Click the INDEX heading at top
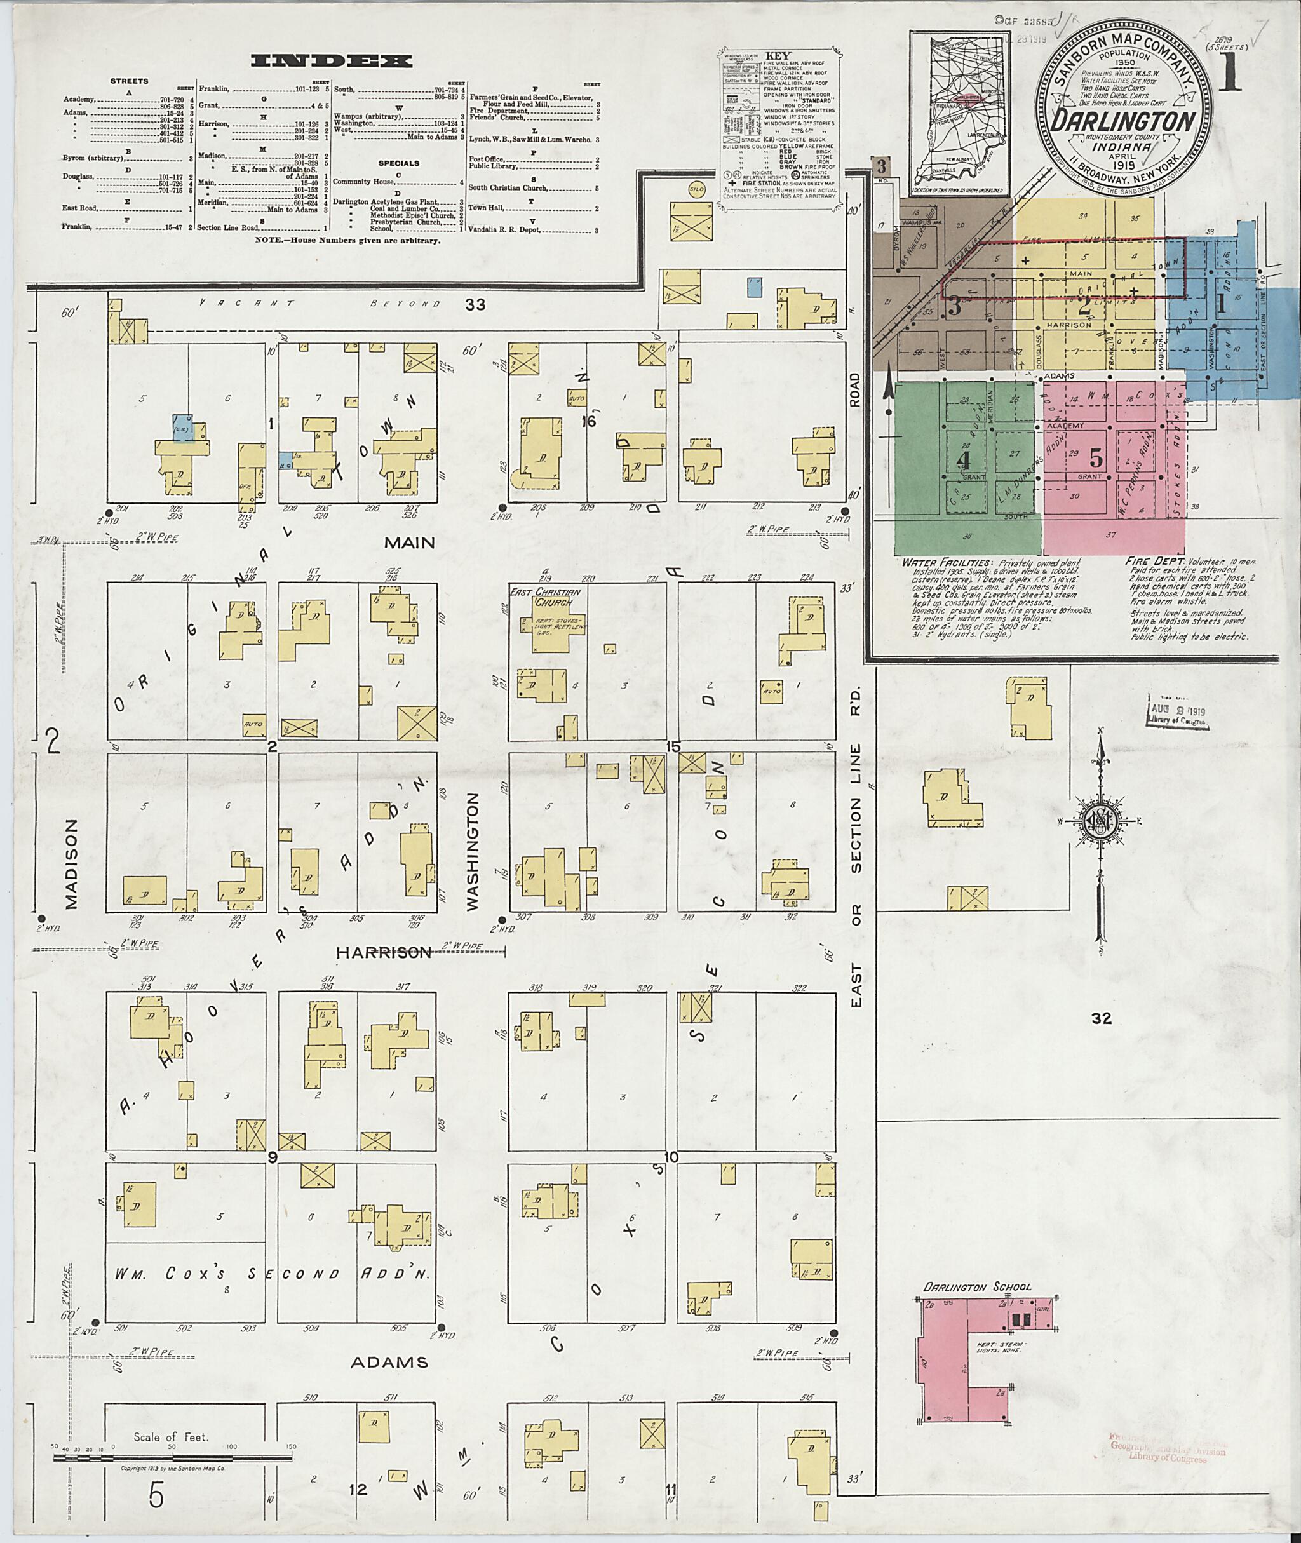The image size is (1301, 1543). (332, 61)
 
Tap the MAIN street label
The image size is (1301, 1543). (408, 543)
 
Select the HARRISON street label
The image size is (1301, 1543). (384, 953)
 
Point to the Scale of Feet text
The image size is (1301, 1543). (170, 1437)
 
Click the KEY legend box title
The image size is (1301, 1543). (778, 55)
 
